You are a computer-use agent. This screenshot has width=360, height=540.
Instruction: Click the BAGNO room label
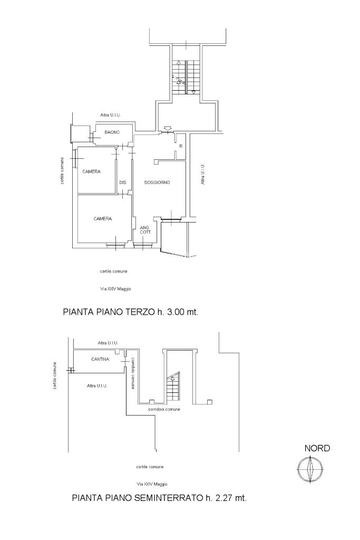tap(112, 132)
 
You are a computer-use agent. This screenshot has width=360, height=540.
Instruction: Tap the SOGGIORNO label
tap(157, 182)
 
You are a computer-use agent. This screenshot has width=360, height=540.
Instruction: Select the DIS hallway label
tap(122, 182)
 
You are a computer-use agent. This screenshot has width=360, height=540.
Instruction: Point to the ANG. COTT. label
tap(145, 230)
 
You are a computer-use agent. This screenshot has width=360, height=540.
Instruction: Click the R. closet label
tap(181, 146)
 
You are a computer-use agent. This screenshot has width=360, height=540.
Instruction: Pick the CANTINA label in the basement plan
tap(100, 359)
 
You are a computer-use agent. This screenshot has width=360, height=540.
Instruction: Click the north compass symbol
tap(310, 469)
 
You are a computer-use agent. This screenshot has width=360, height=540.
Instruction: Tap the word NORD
tap(317, 448)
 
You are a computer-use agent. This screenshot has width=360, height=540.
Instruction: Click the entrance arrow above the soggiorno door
tap(168, 129)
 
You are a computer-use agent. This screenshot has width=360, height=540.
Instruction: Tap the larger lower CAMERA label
tap(103, 219)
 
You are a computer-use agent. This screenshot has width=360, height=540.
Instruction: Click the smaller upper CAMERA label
tap(92, 171)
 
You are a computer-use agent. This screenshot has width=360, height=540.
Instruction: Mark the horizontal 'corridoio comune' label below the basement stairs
tap(164, 409)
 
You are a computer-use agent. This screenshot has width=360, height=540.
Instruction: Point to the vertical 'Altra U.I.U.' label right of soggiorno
tap(203, 174)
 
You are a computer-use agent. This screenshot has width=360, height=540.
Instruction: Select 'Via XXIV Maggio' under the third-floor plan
tap(115, 289)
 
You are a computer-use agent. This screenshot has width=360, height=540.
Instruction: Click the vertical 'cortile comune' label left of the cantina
tap(55, 375)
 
